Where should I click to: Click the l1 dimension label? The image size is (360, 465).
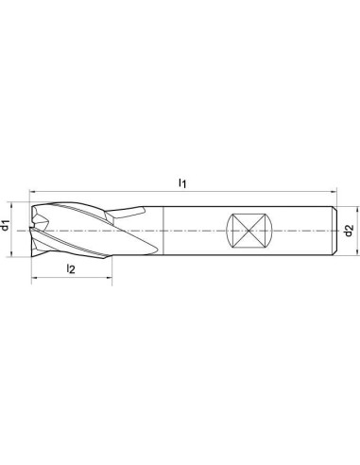(182, 182)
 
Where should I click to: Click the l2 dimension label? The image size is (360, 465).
(71, 268)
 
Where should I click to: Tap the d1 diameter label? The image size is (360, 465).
(5, 226)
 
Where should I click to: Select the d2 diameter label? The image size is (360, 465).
(349, 231)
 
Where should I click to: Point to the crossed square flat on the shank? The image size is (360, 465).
(249, 231)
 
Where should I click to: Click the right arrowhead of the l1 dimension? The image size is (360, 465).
(334, 191)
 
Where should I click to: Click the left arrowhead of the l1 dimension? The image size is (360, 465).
(32, 191)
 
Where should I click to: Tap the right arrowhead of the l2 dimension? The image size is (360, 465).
(109, 278)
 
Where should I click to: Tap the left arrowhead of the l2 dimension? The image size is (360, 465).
(35, 278)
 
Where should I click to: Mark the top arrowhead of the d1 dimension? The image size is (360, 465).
(11, 206)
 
